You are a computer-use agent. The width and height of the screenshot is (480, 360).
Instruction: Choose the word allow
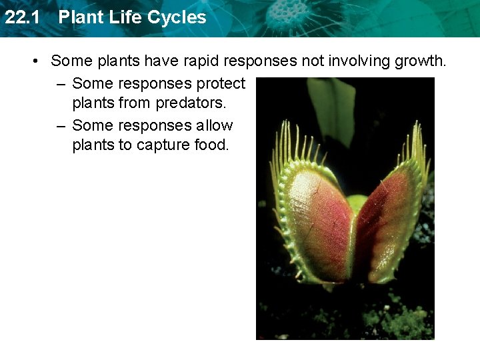pyautogui.click(x=215, y=125)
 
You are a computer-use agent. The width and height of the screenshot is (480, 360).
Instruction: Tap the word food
pyautogui.click(x=211, y=145)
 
